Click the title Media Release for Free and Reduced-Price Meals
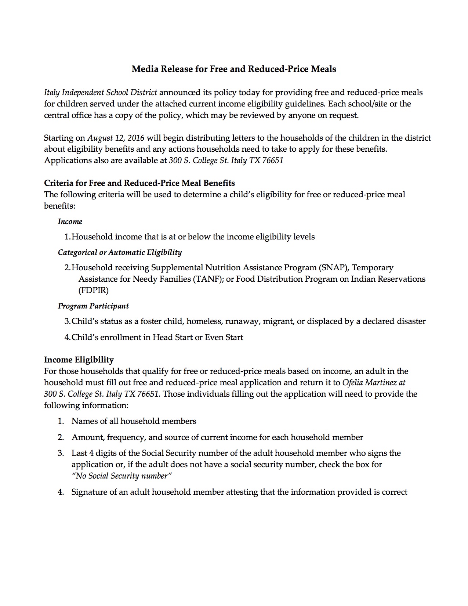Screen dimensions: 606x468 tap(234, 69)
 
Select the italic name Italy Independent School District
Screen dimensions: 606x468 tap(101, 92)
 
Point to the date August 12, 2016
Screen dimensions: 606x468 tap(116, 138)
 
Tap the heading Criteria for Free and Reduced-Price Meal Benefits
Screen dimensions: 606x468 tap(139, 183)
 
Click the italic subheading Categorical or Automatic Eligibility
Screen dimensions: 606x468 tap(120, 252)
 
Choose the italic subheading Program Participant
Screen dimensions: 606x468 tap(93, 306)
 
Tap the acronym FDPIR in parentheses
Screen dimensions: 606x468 tap(94, 290)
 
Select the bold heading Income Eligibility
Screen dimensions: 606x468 tap(79, 360)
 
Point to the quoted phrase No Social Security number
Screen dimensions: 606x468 tap(122, 476)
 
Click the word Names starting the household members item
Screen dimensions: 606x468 tap(83, 421)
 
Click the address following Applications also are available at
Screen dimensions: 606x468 tap(226, 160)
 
